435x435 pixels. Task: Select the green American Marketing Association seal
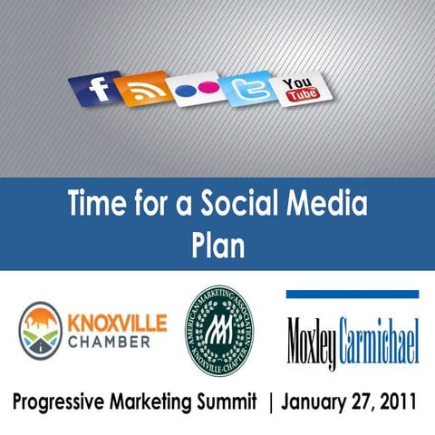(x=218, y=330)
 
